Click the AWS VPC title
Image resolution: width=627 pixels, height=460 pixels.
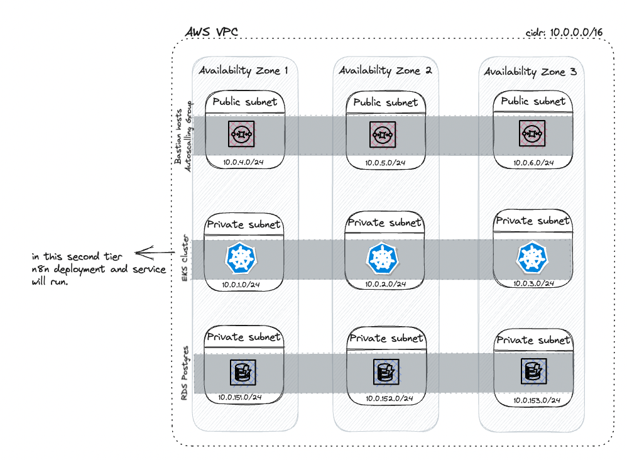[212, 31]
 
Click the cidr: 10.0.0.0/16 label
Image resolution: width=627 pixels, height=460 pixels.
[564, 33]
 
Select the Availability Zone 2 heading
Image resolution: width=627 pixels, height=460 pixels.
[386, 70]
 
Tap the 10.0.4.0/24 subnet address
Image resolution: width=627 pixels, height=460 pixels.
[243, 162]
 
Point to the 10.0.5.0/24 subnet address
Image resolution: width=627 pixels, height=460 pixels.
[385, 163]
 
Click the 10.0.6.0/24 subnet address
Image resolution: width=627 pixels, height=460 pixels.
[533, 163]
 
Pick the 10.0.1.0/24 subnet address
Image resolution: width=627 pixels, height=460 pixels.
[241, 285]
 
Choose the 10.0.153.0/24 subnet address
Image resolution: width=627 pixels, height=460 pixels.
[537, 400]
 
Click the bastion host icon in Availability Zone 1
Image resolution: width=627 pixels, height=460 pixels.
[241, 134]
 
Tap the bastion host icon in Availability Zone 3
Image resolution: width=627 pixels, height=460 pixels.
[532, 133]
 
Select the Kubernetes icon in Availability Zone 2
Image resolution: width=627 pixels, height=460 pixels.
[382, 258]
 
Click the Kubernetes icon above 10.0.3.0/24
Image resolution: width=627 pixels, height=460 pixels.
[532, 257]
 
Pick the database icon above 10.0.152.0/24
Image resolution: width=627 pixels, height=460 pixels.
[386, 372]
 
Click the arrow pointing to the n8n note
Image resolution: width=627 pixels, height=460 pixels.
[155, 253]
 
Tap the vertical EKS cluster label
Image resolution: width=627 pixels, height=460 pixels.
[185, 258]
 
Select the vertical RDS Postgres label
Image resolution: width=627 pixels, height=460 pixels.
[184, 373]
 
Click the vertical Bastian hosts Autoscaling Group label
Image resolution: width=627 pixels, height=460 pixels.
[183, 136]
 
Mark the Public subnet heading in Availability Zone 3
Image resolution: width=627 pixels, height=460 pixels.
[533, 101]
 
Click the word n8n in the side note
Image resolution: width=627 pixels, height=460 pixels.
[40, 269]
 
